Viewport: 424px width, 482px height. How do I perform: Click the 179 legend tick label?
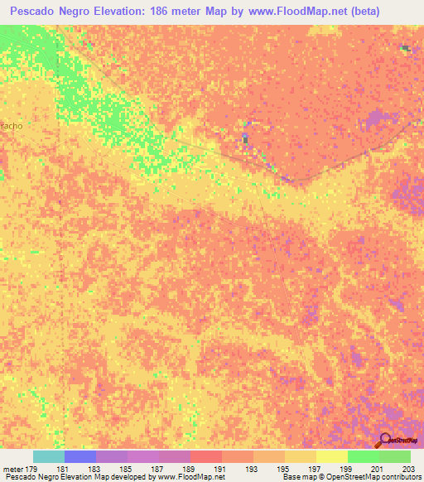tap(31, 469)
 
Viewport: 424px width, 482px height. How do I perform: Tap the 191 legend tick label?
tap(220, 469)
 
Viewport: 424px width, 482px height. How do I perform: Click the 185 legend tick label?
tap(126, 469)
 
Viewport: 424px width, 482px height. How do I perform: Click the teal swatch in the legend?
tap(48, 456)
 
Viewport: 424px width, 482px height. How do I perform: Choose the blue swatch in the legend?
tap(79, 456)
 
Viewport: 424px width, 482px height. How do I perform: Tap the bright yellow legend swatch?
tap(331, 456)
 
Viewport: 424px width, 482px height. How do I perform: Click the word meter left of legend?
tap(12, 469)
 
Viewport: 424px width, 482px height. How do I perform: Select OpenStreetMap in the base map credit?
tap(340, 477)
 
